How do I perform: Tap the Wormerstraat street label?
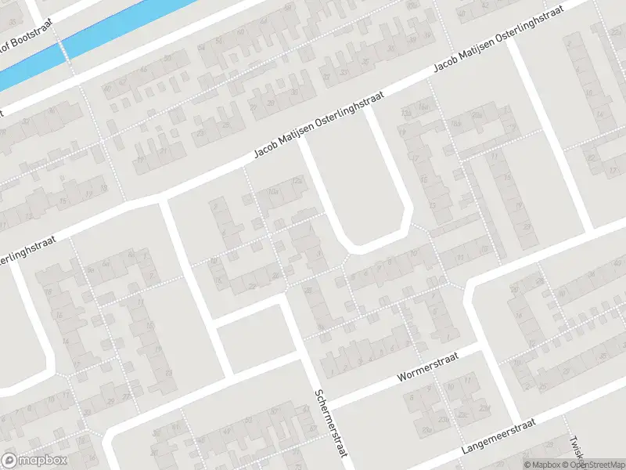(x=426, y=367)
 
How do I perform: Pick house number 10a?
(x=273, y=190)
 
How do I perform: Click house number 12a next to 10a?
(x=297, y=182)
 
